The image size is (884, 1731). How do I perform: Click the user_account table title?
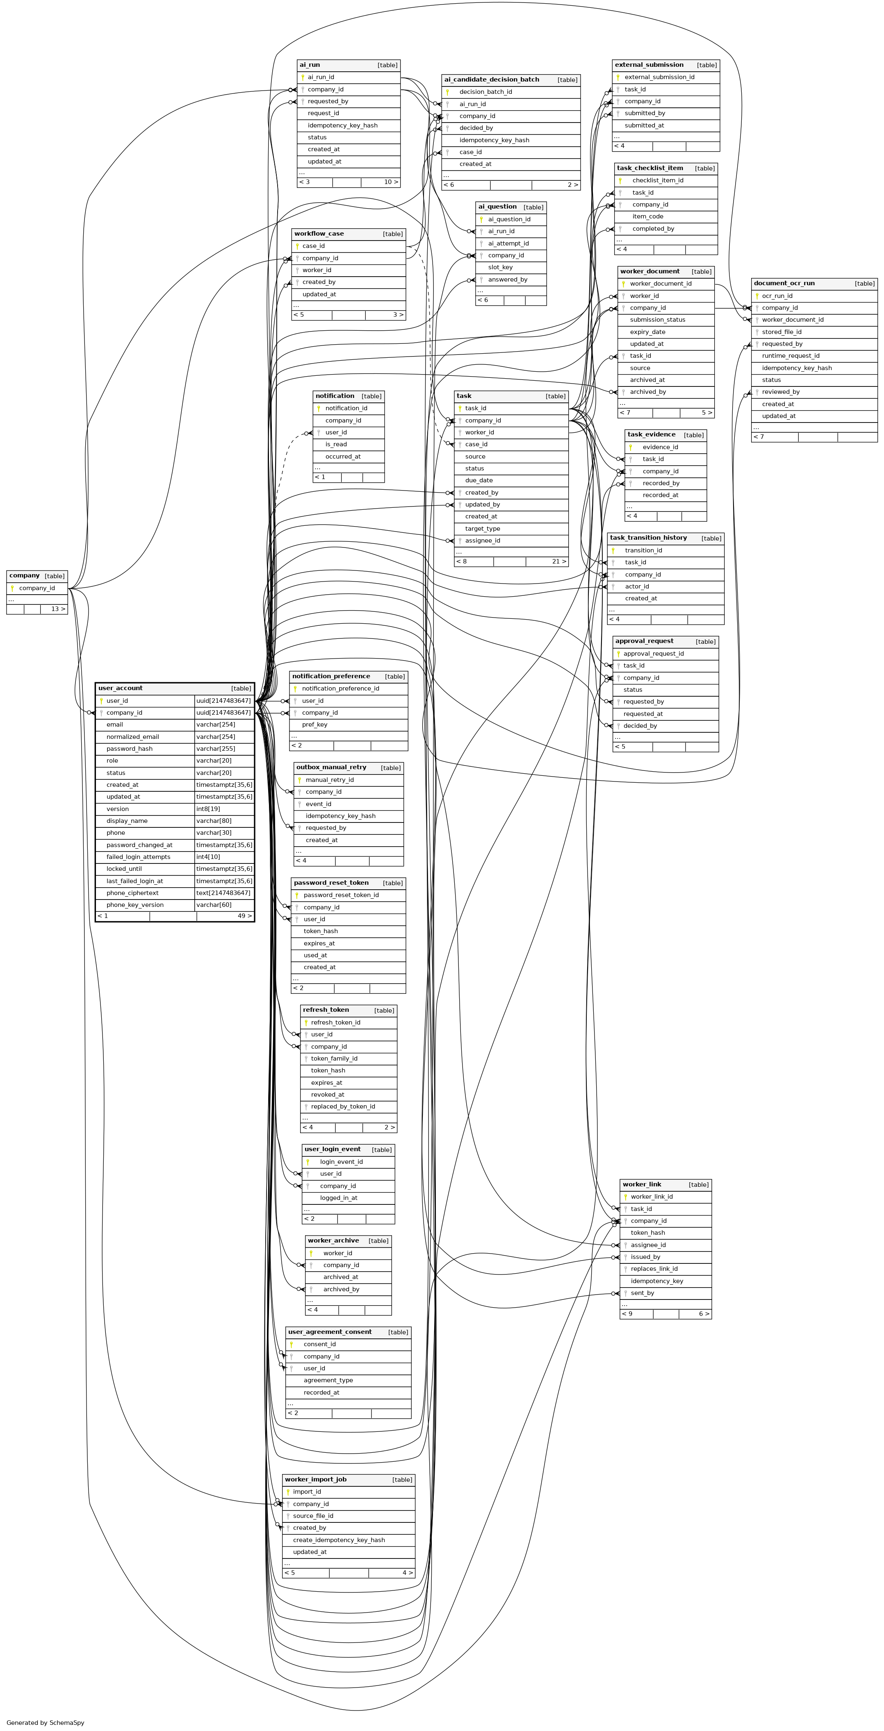(120, 688)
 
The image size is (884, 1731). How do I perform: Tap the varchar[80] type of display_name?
(214, 820)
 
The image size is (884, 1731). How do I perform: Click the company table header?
(37, 576)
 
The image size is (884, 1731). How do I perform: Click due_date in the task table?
(478, 480)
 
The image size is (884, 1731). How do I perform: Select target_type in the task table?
(483, 529)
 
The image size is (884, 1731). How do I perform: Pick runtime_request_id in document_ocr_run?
(791, 356)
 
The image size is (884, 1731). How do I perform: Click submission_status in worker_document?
(657, 320)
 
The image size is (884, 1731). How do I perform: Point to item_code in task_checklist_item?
(647, 216)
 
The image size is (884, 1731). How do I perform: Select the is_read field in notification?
(336, 444)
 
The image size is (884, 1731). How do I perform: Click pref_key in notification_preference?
(314, 725)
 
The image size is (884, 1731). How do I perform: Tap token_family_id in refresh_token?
(334, 1059)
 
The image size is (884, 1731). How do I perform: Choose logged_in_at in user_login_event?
(339, 1197)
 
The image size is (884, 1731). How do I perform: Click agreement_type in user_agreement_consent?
(328, 1380)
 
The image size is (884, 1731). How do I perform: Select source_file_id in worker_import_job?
(313, 1516)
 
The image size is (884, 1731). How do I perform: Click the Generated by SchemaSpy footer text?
(46, 1717)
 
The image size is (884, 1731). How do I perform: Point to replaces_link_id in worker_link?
(654, 1269)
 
